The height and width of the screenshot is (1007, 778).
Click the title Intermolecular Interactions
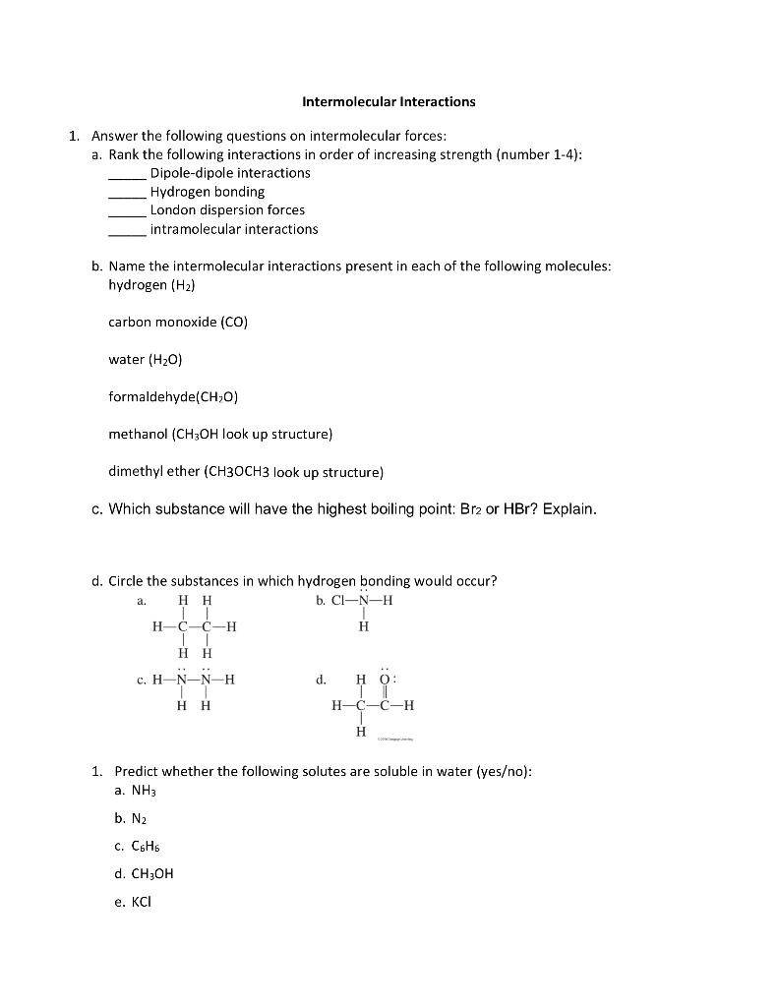(388, 101)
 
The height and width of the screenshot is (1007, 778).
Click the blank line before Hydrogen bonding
(127, 193)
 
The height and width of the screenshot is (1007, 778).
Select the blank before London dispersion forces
(127, 211)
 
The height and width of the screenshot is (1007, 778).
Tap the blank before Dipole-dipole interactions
(127, 174)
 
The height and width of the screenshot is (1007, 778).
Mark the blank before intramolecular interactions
(127, 230)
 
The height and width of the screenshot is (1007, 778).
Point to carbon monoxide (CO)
(177, 323)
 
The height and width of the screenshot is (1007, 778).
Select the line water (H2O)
(145, 360)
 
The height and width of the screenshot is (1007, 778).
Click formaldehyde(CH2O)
(173, 397)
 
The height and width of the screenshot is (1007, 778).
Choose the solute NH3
(137, 790)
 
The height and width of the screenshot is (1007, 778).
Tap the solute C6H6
(138, 846)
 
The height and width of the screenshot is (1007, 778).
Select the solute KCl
(135, 901)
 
